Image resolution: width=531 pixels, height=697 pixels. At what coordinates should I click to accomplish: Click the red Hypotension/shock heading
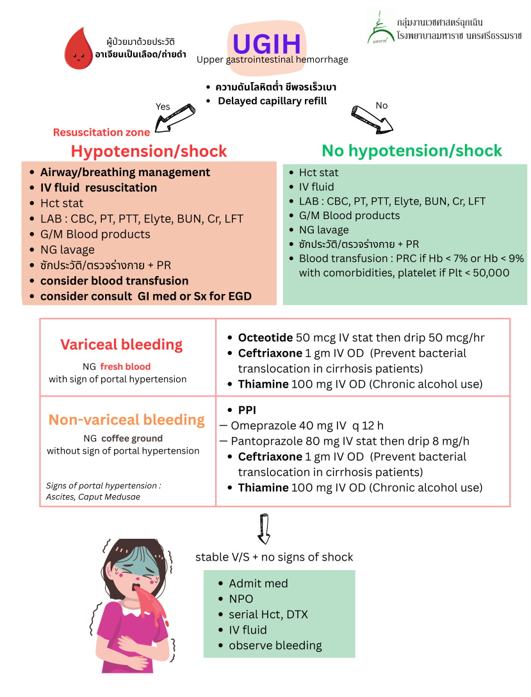[149, 151]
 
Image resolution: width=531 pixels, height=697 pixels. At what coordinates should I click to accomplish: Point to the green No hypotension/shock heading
[411, 151]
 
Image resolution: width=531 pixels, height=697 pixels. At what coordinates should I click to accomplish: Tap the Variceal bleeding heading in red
[121, 345]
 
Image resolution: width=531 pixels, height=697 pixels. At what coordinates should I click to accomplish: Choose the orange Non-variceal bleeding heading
[126, 420]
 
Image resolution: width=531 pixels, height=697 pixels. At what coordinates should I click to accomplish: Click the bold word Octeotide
[265, 338]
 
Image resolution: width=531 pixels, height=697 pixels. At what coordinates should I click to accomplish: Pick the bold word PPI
[247, 410]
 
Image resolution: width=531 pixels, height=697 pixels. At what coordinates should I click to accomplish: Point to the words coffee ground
[132, 439]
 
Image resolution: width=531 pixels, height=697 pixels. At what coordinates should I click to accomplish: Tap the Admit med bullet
[258, 584]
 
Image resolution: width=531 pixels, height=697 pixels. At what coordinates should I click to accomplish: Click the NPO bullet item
[241, 599]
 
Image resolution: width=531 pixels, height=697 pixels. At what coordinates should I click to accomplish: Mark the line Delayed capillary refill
[272, 101]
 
